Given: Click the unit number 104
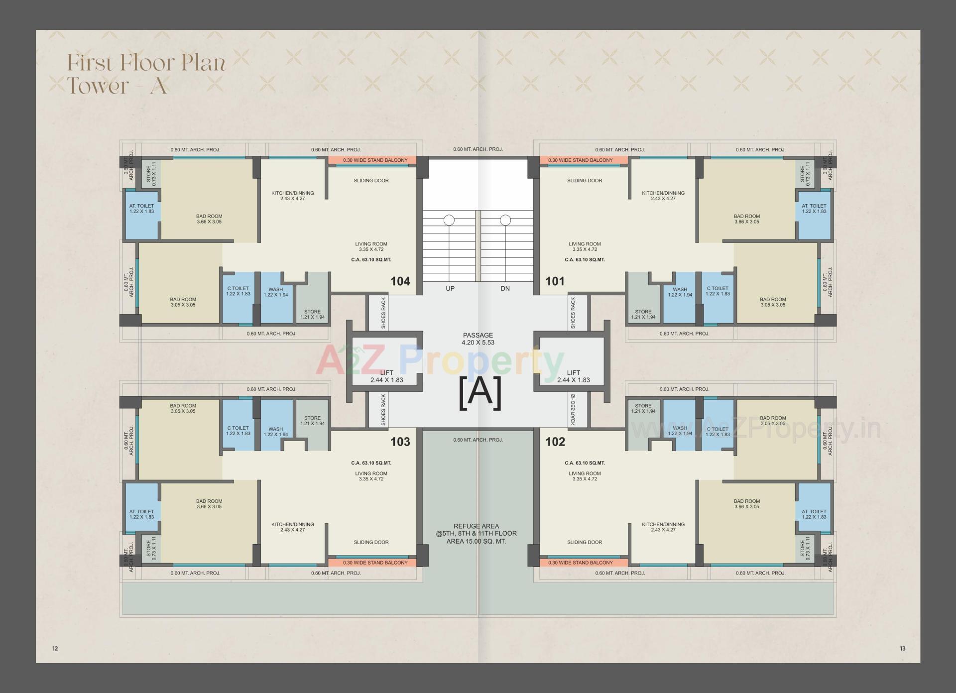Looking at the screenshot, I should pos(400,281).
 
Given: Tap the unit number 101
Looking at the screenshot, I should pos(555,281).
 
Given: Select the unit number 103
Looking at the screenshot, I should pos(400,442).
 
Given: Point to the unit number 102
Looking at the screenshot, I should pos(555,442).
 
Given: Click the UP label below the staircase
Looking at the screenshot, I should pos(450,289).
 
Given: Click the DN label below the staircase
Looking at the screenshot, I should pos(505,289).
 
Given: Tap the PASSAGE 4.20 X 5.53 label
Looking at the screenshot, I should pos(478,339).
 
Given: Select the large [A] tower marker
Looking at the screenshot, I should pos(479,393).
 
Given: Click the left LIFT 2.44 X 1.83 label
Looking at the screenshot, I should pos(386,376).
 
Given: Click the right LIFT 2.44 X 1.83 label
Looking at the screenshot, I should pos(573,376).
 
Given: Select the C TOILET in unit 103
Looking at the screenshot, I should pos(238,431).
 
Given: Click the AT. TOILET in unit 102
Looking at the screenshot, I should pos(814,514).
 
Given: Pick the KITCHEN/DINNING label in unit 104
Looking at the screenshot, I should pos(292,196).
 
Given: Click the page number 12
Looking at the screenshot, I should pos(55,648).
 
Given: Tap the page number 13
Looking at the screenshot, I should pos(902,648).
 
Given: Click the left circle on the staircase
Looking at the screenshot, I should pos(449,220).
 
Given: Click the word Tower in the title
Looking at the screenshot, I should pos(98,86).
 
